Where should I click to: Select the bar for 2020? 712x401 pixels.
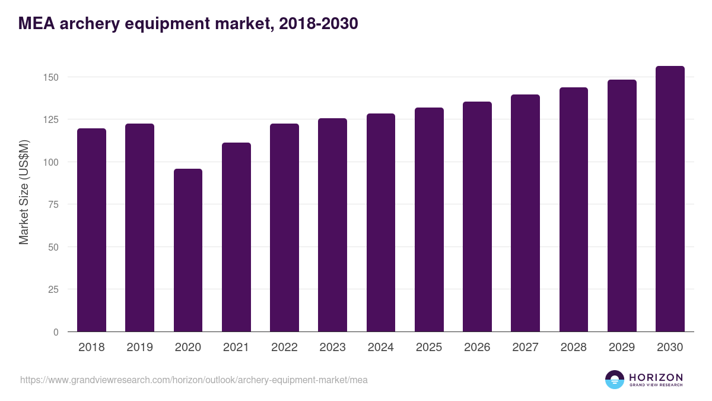(x=188, y=250)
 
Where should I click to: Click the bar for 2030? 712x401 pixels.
(x=670, y=199)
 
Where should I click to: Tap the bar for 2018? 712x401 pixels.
(x=91, y=230)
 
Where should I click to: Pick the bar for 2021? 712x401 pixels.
(x=236, y=237)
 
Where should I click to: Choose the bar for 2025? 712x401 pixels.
(x=429, y=220)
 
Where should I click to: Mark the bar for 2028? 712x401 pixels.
(x=574, y=210)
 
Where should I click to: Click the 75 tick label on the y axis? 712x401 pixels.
(x=53, y=204)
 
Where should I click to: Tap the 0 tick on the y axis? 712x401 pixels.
(x=56, y=332)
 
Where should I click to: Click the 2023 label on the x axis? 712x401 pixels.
(x=332, y=348)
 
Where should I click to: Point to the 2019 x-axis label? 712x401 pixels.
(x=139, y=348)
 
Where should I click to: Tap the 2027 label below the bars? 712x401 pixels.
(x=525, y=348)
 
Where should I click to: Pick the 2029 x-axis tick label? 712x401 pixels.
(x=622, y=348)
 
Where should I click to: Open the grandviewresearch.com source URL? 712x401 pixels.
(x=194, y=380)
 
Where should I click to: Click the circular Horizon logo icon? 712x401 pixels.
(x=615, y=380)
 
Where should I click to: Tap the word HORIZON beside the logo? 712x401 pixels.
(x=656, y=377)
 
